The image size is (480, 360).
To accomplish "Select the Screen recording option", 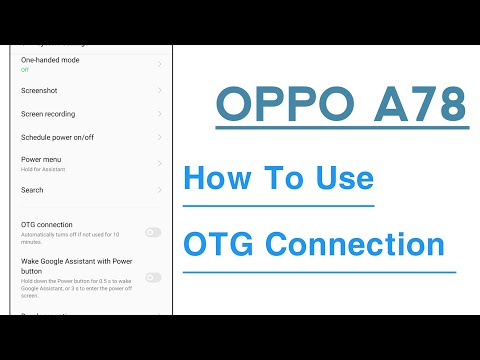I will [48, 114].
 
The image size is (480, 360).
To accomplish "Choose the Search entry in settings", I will [32, 190].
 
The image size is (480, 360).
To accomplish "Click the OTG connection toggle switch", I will [152, 232].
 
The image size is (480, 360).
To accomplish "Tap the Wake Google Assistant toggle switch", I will [152, 277].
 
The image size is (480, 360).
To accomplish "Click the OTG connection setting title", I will [47, 225].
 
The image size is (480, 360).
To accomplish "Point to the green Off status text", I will [25, 70].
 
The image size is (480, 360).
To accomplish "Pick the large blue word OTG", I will [219, 244].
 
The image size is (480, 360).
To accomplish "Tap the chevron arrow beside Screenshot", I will [160, 90].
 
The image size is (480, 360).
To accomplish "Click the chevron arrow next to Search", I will [160, 190].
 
